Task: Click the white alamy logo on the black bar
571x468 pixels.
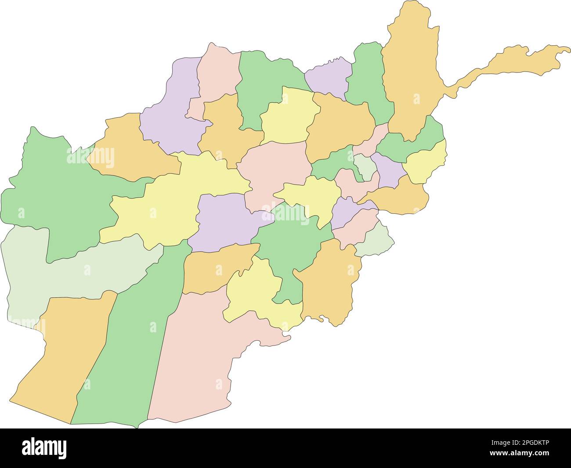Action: point(44,447)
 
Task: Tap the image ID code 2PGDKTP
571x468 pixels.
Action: point(528,444)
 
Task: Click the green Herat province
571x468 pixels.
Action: point(57,193)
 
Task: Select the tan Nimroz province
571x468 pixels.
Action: point(61,351)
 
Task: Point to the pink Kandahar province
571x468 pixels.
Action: point(198,356)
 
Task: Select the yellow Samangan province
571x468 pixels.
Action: point(288,119)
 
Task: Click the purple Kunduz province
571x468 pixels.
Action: point(329,79)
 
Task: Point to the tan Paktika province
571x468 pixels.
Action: point(329,281)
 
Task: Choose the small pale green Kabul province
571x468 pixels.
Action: point(365,167)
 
